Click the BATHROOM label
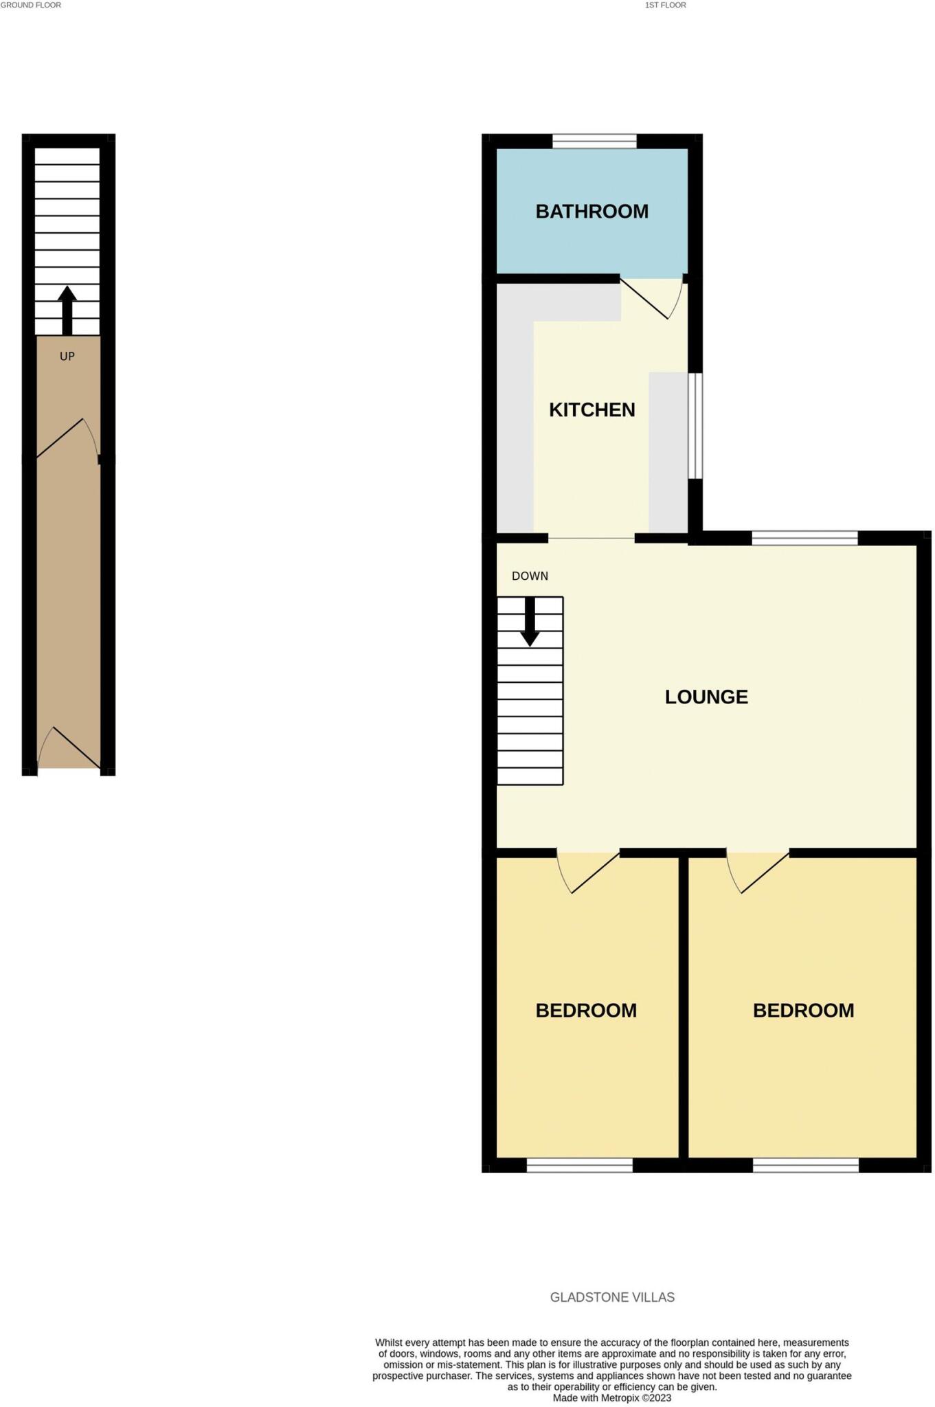coord(592,212)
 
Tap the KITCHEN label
coord(592,410)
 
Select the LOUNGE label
coord(706,697)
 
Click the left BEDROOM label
coord(586,1011)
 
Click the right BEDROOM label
coord(803,1011)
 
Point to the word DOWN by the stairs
coord(530,576)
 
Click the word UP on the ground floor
coord(67,357)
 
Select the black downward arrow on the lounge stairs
coord(530,621)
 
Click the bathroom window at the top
coord(594,142)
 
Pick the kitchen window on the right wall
coord(695,425)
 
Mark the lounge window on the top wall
coord(804,538)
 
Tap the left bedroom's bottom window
coord(579,1164)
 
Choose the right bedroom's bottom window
coord(805,1164)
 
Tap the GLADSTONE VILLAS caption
coord(612,1298)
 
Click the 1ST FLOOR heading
coord(665,5)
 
